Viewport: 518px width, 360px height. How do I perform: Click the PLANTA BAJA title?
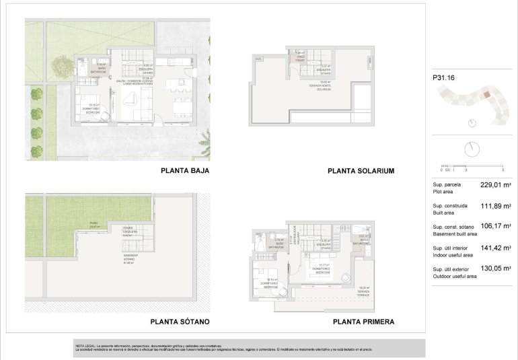click(185, 171)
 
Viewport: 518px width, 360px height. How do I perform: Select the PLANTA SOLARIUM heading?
click(361, 171)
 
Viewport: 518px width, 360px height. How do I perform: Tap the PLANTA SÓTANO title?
click(180, 322)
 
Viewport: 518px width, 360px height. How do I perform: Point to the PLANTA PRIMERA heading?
click(363, 322)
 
